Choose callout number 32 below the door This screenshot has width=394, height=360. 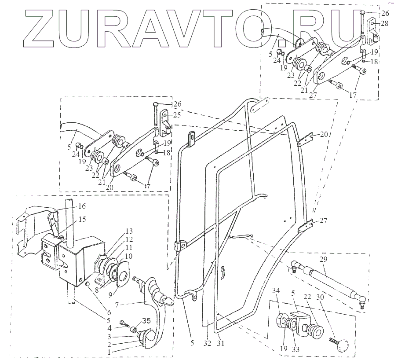click(x=207, y=343)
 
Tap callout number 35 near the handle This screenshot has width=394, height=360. click(x=146, y=321)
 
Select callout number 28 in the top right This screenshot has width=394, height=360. click(x=384, y=23)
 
